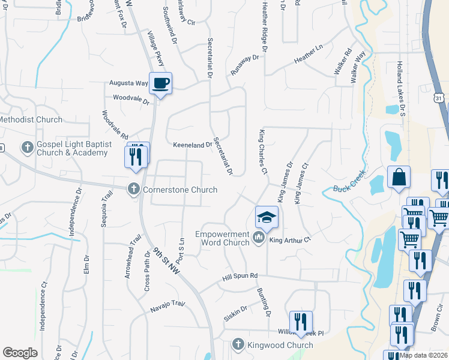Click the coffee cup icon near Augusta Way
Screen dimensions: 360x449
coord(160,83)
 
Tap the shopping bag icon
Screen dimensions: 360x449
coord(399,177)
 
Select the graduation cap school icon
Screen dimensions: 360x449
coord(267,217)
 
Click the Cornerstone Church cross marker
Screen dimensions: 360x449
coord(134,190)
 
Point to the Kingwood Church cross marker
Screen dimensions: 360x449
coord(238,344)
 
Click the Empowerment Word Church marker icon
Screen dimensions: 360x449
coord(258,238)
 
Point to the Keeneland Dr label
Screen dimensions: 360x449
coord(193,145)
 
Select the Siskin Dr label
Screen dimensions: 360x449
coord(235,313)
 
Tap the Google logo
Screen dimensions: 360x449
coord(20,353)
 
